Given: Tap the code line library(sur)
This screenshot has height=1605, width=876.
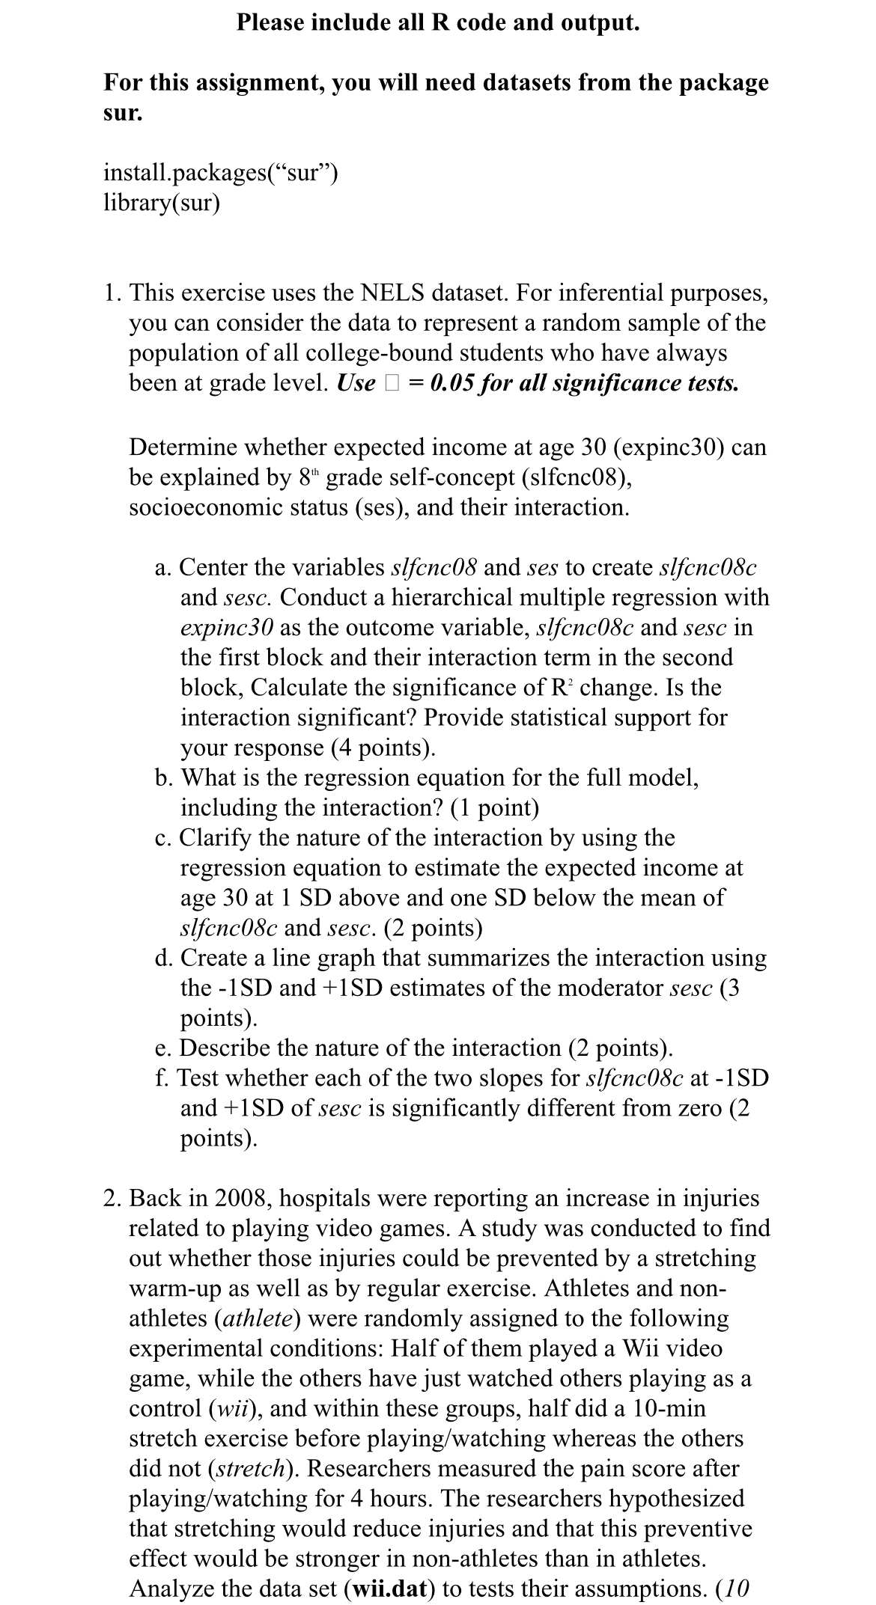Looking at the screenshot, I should [x=161, y=203].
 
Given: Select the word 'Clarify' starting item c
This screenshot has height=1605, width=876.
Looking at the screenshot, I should [x=214, y=837].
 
